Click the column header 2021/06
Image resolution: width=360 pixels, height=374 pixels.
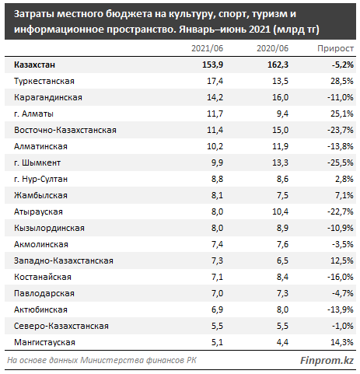[207, 48]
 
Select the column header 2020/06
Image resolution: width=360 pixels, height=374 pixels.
[272, 48]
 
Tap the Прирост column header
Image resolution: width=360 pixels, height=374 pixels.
[335, 48]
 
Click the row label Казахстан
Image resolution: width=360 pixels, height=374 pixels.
[34, 65]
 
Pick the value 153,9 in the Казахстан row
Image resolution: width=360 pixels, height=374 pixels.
[212, 65]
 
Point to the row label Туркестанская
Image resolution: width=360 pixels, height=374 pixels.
[44, 81]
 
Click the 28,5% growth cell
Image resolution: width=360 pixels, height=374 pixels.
[342, 81]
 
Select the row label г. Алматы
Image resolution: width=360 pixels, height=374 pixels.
[33, 114]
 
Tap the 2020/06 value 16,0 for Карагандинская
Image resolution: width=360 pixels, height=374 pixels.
[280, 97]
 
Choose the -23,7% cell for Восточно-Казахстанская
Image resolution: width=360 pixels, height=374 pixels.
[341, 130]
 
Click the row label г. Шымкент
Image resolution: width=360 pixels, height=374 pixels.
[37, 163]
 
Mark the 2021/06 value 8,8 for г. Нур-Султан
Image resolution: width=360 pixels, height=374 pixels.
[217, 179]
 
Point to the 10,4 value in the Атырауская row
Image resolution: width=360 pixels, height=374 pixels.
[280, 211]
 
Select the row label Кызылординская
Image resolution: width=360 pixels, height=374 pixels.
[49, 228]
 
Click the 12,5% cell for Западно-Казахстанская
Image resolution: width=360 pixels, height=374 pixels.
[342, 260]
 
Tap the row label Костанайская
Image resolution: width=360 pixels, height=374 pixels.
[43, 277]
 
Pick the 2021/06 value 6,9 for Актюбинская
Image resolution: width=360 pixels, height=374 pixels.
[217, 309]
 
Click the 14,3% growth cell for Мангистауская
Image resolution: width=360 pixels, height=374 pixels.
[342, 342]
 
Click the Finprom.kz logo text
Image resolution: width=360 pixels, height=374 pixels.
[327, 361]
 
